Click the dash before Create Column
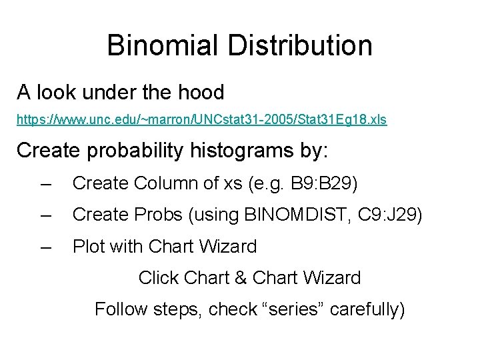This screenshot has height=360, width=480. pyautogui.click(x=45, y=183)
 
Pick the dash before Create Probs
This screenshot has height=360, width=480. pyautogui.click(x=45, y=215)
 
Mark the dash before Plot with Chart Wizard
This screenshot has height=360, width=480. pyautogui.click(x=45, y=247)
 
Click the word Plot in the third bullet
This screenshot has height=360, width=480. pyautogui.click(x=89, y=247)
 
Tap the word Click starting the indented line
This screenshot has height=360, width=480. pyautogui.click(x=159, y=277)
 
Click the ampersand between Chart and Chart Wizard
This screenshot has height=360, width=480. pyautogui.click(x=241, y=277)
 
